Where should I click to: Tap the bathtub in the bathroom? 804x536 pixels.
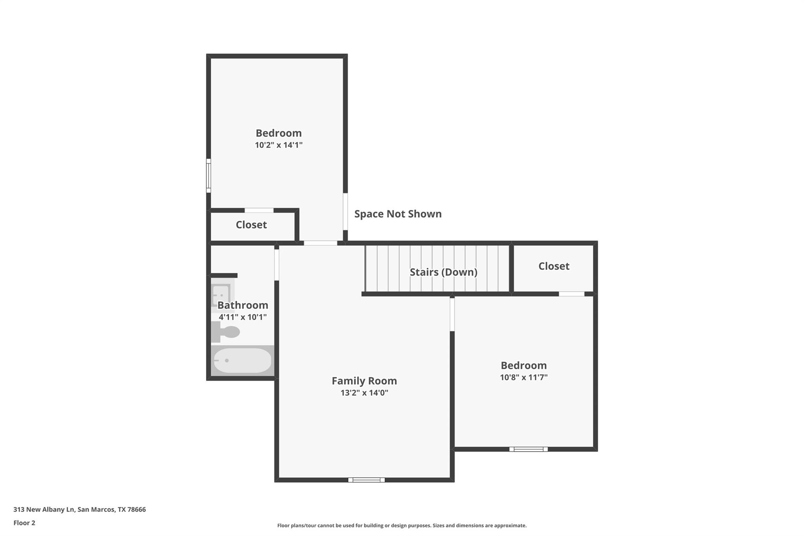point(242,360)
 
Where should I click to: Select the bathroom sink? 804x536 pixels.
point(221,293)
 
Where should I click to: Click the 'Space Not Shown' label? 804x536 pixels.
point(398,214)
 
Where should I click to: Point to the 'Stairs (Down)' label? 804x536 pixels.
point(443,272)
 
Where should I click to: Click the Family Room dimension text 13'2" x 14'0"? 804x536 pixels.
point(364,393)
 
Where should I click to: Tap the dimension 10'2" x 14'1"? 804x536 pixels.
point(278,145)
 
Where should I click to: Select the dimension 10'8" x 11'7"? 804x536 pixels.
point(523,377)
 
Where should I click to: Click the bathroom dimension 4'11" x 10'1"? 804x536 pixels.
point(243,317)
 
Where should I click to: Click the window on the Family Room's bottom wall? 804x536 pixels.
point(366,480)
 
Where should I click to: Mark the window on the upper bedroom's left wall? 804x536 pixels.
point(208,176)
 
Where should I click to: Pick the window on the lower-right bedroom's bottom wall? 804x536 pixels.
point(528,449)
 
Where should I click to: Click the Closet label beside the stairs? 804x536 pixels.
point(554,266)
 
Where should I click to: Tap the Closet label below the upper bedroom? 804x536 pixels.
point(251,225)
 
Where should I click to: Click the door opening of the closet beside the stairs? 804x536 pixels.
point(572,294)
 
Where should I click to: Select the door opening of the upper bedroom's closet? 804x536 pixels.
point(259,210)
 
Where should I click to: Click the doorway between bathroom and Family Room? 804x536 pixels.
point(276,265)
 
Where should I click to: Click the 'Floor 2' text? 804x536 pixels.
point(24,523)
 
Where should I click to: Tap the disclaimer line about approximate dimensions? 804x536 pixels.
point(402,525)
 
